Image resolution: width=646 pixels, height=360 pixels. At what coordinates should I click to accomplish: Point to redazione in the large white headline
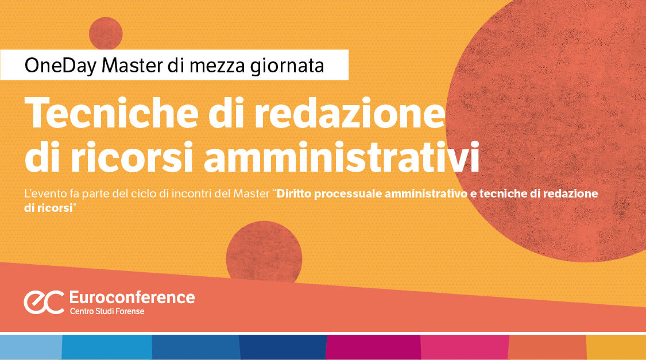coord(345,113)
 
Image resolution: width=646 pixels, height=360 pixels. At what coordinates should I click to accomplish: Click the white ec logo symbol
coord(44,302)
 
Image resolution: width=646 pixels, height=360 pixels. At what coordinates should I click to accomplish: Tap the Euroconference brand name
coord(131,297)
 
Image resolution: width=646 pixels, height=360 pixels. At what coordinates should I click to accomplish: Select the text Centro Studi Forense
coord(107,311)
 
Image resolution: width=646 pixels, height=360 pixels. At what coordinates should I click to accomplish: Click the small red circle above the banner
coord(106,33)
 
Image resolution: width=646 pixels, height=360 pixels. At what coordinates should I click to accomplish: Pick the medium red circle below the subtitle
coord(264,253)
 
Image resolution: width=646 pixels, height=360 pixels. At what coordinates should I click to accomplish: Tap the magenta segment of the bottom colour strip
coord(373,347)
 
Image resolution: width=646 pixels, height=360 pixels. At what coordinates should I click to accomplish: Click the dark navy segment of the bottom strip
coord(283,347)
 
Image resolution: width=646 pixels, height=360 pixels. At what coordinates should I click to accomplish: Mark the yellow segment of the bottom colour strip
coord(616,347)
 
